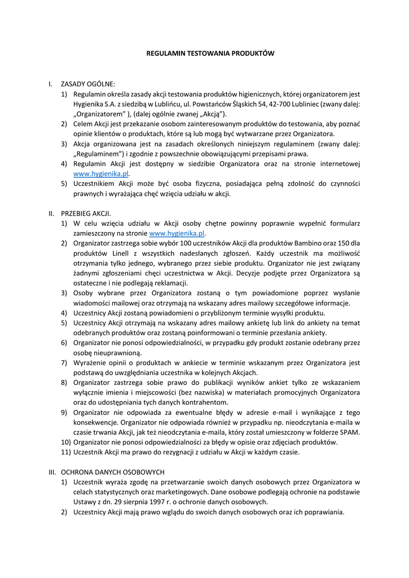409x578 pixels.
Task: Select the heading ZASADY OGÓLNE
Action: point(87,84)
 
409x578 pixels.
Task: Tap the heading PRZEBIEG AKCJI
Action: point(86,213)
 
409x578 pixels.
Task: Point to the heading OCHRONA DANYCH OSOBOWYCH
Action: point(112,471)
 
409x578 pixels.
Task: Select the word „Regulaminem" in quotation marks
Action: point(96,154)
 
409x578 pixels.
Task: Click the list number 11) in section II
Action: point(65,452)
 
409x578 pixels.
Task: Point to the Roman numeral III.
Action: point(51,471)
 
